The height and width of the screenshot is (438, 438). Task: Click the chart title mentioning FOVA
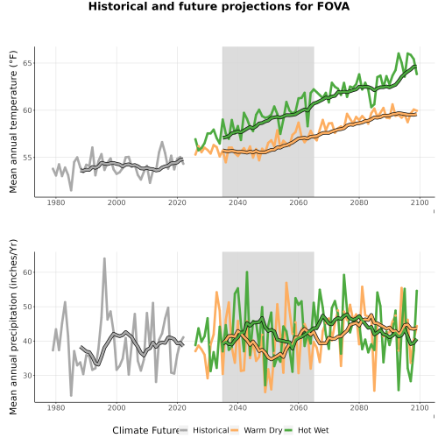click(x=219, y=6)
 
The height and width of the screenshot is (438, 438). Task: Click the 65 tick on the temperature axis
click(x=28, y=63)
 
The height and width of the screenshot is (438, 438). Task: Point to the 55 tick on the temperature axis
click(x=28, y=158)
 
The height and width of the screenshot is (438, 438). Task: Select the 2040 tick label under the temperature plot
click(x=237, y=202)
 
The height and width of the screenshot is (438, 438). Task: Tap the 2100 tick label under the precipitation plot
click(x=420, y=407)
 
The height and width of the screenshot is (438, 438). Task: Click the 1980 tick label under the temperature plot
click(x=56, y=202)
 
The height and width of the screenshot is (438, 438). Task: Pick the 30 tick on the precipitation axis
click(x=28, y=375)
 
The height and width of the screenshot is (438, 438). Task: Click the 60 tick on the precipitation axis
click(x=28, y=272)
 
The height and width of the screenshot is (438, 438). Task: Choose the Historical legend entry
click(x=204, y=430)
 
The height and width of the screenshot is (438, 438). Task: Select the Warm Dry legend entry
click(x=257, y=430)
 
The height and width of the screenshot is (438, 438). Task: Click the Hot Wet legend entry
click(x=307, y=430)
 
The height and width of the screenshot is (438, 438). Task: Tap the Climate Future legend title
click(x=145, y=430)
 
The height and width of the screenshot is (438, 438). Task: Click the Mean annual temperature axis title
click(x=13, y=122)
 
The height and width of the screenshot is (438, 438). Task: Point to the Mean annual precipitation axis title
click(x=13, y=327)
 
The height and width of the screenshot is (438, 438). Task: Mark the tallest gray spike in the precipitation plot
click(x=104, y=258)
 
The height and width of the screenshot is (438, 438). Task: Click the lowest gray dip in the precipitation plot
click(x=71, y=396)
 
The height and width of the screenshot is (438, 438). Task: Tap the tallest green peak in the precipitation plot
click(x=247, y=272)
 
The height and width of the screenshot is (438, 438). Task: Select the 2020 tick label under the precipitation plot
click(x=177, y=407)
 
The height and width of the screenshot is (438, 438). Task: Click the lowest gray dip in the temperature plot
click(x=71, y=190)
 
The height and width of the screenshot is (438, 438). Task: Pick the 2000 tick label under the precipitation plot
click(x=117, y=407)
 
